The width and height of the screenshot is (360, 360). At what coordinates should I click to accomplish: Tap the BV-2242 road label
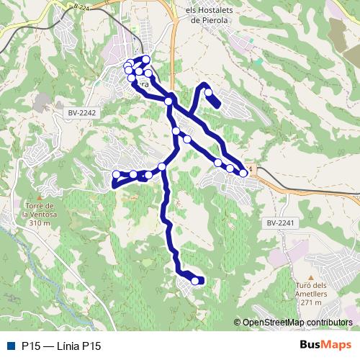pos(81,113)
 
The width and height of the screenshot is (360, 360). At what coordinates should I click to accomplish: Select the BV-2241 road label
pos(282,224)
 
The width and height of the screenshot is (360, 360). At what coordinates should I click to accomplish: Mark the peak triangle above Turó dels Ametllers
pos(311,276)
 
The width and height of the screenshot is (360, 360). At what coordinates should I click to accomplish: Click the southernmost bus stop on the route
pos(196,281)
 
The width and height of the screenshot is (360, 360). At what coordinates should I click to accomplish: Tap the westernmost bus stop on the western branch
pos(117,174)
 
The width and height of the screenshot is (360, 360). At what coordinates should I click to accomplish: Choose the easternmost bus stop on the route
pos(244,173)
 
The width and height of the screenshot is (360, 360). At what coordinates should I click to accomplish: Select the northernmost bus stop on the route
pos(146,59)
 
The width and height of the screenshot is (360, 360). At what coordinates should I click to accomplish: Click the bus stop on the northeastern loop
pos(209,92)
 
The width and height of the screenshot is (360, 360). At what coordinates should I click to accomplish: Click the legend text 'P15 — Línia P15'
pos(61,346)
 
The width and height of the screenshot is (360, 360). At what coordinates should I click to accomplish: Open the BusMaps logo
pos(325,346)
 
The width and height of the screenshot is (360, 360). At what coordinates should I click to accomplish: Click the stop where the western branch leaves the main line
pos(162,167)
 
